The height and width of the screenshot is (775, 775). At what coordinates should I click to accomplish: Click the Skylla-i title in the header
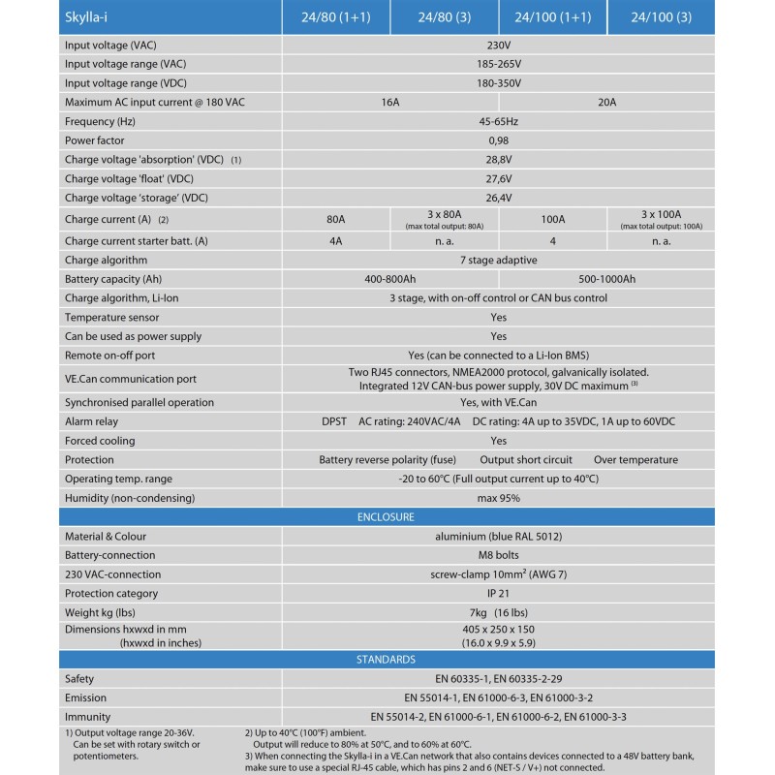[90, 17]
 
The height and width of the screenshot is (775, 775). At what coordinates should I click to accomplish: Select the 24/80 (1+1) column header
[335, 17]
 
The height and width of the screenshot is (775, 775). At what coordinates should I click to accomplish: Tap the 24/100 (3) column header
[662, 17]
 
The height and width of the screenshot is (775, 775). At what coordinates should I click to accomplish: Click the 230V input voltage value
[498, 46]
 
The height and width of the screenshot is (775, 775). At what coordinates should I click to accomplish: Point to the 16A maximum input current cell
[390, 103]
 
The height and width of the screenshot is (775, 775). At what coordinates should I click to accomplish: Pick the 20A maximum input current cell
[607, 103]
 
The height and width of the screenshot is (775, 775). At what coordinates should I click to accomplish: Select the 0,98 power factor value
[498, 140]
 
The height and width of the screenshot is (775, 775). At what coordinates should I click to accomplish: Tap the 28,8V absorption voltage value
[498, 160]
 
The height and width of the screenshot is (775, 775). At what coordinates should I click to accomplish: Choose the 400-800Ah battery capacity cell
[390, 279]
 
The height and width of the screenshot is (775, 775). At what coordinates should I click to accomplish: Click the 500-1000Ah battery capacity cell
[607, 279]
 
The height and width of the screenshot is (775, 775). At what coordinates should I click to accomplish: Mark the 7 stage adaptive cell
[498, 260]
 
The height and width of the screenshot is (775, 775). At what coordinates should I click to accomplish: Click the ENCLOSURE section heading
[387, 517]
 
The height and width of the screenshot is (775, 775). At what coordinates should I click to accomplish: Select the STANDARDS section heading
[387, 660]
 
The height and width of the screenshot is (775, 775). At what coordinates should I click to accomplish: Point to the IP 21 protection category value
[498, 594]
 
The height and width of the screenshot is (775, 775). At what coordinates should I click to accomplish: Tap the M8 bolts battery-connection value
[498, 555]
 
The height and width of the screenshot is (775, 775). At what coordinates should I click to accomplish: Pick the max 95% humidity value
[498, 498]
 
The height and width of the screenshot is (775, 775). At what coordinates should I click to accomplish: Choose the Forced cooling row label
[100, 441]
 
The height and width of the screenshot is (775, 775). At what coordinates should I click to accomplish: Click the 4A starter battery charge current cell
[335, 241]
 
